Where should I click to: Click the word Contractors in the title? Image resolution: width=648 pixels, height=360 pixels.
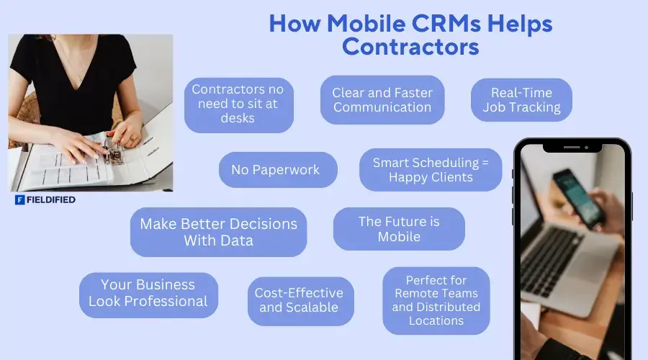click(x=410, y=48)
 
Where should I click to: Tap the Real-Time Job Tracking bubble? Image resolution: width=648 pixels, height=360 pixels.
click(x=521, y=100)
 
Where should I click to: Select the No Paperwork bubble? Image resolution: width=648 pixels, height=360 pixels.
click(x=278, y=170)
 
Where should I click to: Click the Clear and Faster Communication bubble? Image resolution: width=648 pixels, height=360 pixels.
click(x=382, y=100)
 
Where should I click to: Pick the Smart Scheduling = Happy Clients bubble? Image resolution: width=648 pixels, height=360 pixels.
click(x=431, y=170)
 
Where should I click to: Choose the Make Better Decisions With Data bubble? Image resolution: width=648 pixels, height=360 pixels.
click(x=218, y=232)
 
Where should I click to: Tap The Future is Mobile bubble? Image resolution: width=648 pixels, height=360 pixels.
click(x=399, y=229)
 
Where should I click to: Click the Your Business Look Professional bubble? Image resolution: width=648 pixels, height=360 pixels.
click(x=148, y=294)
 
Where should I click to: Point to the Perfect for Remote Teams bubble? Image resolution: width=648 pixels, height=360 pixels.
click(x=436, y=300)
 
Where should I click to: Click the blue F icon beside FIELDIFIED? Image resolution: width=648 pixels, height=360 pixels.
click(x=20, y=200)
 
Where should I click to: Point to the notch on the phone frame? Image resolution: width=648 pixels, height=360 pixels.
click(x=572, y=146)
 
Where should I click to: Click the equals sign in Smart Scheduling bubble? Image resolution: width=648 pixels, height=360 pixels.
click(x=484, y=163)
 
